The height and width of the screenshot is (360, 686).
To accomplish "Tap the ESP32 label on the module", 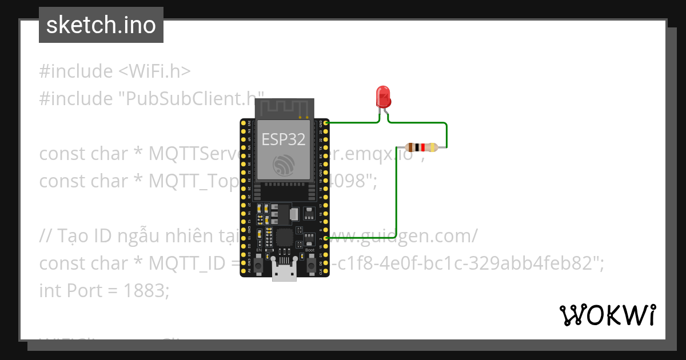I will [x=283, y=139].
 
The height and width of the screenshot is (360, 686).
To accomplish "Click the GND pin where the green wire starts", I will [x=326, y=123].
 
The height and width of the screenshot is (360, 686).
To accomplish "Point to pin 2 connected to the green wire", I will [x=326, y=237].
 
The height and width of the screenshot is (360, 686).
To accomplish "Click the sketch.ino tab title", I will [x=101, y=25].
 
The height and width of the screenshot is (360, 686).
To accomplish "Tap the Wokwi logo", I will [x=607, y=315].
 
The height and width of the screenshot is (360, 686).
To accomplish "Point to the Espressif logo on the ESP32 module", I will [x=283, y=165].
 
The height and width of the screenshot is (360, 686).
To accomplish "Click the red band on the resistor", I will [x=423, y=147].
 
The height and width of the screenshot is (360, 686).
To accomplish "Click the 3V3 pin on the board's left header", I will [x=244, y=123].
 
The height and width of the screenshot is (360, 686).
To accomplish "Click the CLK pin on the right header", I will [x=326, y=272].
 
